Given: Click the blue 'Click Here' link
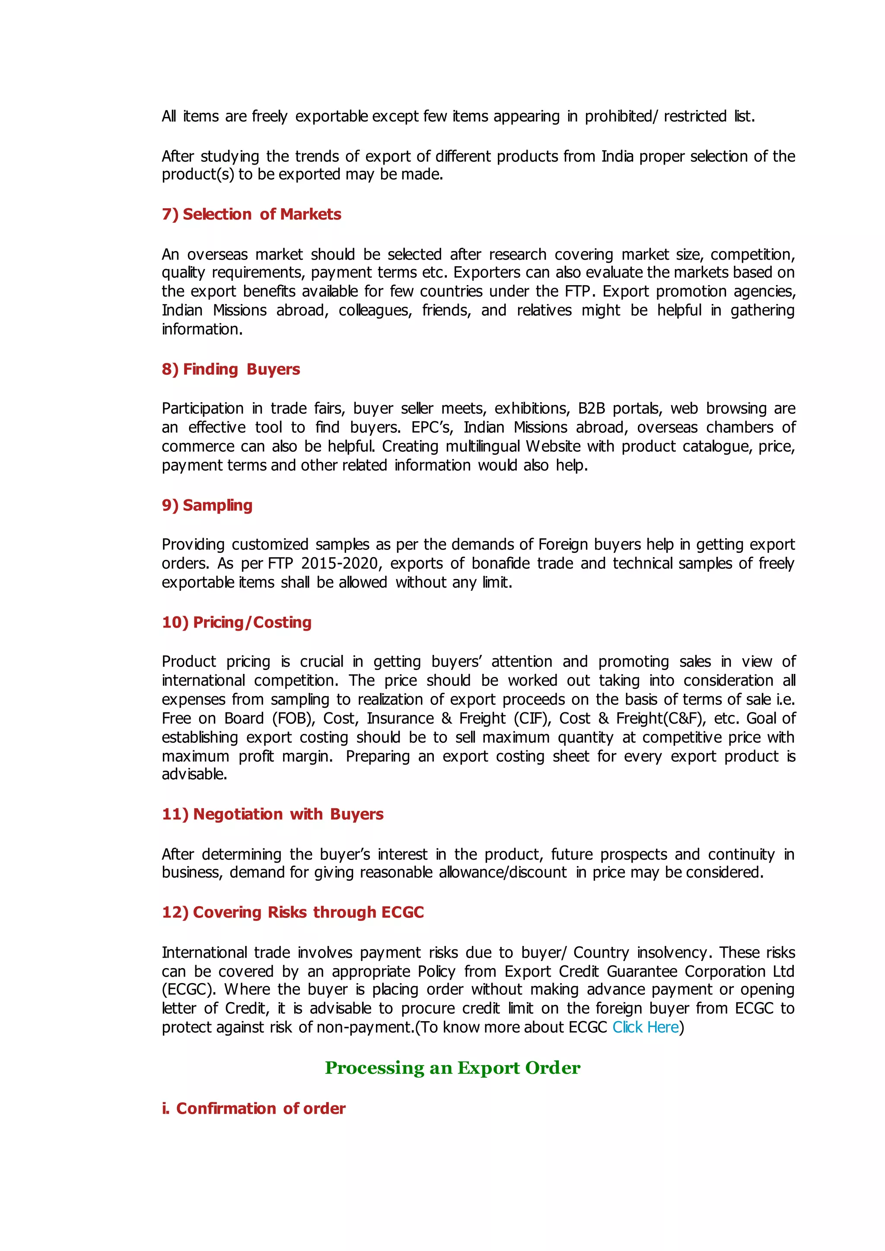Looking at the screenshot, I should point(645,1027).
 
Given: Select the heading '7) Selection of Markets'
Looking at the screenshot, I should point(251,214).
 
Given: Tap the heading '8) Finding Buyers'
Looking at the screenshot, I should point(230,369).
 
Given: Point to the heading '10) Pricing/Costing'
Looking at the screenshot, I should point(236,622).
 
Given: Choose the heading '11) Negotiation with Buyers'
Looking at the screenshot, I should point(273,814).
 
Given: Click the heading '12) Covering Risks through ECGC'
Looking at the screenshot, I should point(293,912).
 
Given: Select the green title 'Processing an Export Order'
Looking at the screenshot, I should point(452,1067).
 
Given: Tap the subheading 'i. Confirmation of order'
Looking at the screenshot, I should point(253,1108).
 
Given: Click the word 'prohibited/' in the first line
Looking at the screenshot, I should point(621,117).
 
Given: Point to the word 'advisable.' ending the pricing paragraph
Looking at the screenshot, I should point(194,774).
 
